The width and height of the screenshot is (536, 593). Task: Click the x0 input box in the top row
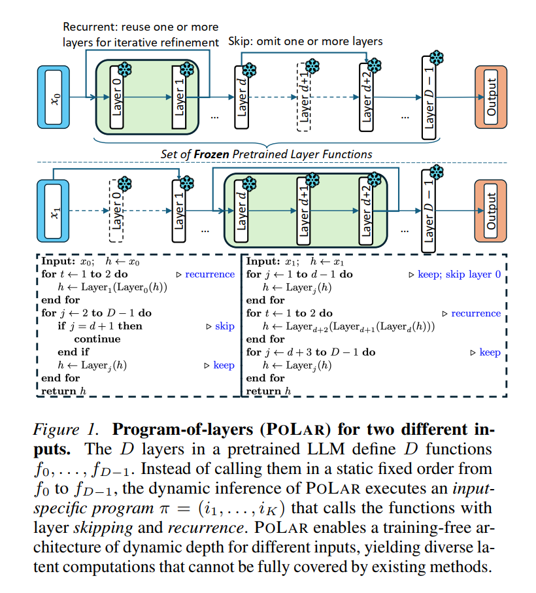pyautogui.click(x=54, y=97)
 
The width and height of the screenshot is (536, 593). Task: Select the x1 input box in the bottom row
pyautogui.click(x=53, y=211)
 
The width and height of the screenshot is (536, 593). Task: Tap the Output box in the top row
pyautogui.click(x=491, y=97)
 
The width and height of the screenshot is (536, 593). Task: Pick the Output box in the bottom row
pyautogui.click(x=491, y=211)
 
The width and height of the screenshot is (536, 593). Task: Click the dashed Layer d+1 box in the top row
pyautogui.click(x=304, y=97)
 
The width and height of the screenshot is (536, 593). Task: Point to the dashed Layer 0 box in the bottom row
pyautogui.click(x=116, y=211)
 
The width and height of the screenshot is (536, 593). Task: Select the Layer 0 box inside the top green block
pyautogui.click(x=116, y=97)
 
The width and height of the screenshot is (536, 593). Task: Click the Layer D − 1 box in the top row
pyautogui.click(x=429, y=97)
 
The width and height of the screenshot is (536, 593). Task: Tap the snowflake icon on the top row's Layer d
pyautogui.click(x=249, y=70)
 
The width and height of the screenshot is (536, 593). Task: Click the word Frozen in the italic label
pyautogui.click(x=211, y=154)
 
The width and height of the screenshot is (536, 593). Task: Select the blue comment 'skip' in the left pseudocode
pyautogui.click(x=224, y=326)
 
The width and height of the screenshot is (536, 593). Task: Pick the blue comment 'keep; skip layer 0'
pyautogui.click(x=460, y=274)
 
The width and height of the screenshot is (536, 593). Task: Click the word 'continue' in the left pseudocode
pyautogui.click(x=97, y=339)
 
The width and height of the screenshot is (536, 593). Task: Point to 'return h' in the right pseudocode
pyautogui.click(x=269, y=391)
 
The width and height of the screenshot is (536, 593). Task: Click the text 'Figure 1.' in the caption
pyautogui.click(x=66, y=430)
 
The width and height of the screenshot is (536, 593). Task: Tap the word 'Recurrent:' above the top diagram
pyautogui.click(x=90, y=27)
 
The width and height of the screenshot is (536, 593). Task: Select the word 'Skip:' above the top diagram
pyautogui.click(x=241, y=42)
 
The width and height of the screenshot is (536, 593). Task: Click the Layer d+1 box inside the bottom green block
pyautogui.click(x=303, y=211)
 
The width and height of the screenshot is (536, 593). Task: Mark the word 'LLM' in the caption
pyautogui.click(x=326, y=449)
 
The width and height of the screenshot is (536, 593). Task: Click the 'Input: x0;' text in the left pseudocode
pyautogui.click(x=68, y=262)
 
